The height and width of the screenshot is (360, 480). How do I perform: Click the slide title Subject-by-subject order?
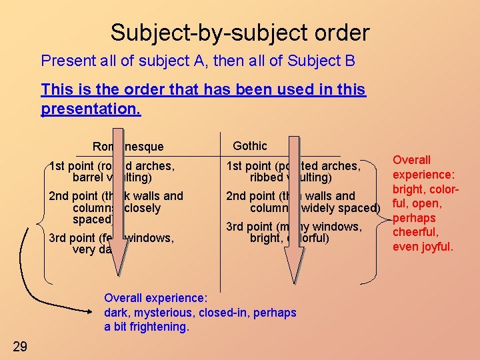click(x=239, y=32)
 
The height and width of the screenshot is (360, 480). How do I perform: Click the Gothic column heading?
click(x=250, y=146)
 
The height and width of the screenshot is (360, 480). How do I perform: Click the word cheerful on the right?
click(x=415, y=232)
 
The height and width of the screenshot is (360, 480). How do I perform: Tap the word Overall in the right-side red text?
click(x=411, y=160)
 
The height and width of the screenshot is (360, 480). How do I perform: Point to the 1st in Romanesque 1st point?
click(x=57, y=165)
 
